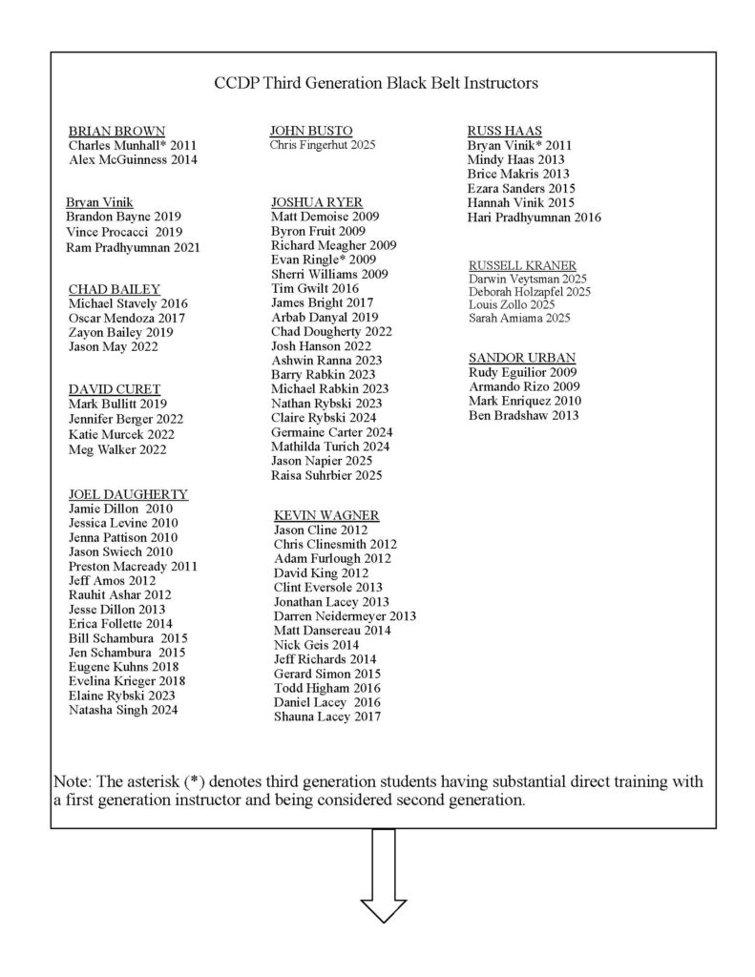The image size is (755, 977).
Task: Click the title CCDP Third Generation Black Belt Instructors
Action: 377,83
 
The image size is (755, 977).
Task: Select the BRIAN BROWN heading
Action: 116,131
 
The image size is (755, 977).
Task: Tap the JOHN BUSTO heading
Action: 311,130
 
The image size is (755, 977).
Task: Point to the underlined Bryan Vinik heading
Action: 98,202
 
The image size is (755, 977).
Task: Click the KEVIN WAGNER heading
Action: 325,515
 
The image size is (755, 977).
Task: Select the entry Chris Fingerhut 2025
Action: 323,145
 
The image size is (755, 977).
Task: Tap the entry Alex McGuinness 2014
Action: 133,160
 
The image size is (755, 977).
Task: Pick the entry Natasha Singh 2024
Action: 123,710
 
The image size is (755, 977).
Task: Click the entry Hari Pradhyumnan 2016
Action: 534,218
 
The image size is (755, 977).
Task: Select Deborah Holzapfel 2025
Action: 530,291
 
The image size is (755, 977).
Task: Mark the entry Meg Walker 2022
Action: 117,449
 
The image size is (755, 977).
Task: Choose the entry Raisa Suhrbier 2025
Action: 326,475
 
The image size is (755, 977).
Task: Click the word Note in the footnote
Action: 73,781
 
